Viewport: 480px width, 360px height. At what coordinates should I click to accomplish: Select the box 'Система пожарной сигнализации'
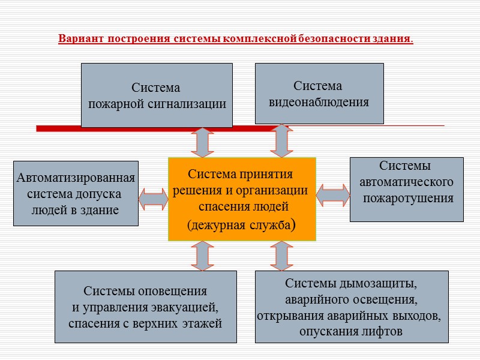click(x=157, y=95)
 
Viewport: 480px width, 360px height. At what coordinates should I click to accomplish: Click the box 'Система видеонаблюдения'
click(x=319, y=94)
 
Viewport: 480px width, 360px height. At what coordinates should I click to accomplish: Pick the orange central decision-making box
click(x=242, y=199)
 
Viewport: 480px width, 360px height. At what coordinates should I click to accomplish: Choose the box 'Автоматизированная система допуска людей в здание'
click(x=76, y=193)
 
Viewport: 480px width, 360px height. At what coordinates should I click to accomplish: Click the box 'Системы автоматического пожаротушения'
click(x=406, y=190)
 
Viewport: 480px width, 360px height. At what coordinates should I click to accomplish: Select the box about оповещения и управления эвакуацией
click(x=145, y=307)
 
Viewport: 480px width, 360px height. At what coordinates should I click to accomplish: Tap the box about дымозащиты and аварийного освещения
click(x=352, y=307)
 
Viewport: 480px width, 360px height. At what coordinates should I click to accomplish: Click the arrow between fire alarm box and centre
click(x=202, y=143)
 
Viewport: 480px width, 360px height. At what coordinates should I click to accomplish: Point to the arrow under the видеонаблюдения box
click(x=281, y=140)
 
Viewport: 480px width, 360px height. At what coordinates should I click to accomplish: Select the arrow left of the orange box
click(x=153, y=199)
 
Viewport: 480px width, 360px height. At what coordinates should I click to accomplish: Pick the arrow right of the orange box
click(x=332, y=194)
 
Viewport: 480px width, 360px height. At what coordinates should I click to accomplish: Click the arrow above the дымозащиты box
click(x=281, y=256)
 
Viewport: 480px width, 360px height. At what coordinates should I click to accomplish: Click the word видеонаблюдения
click(x=319, y=102)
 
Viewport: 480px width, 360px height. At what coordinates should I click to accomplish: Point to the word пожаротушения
click(x=408, y=198)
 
